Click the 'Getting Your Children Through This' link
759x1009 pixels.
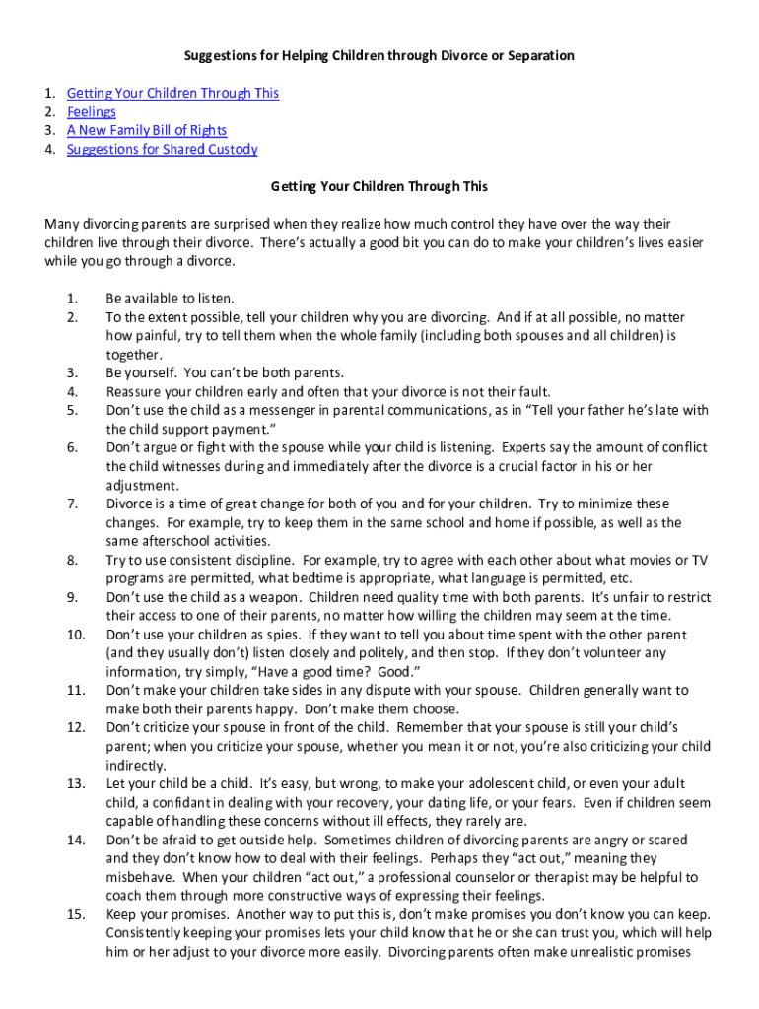[172, 93]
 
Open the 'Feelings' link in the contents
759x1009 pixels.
[91, 111]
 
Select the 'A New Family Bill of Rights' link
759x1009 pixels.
[146, 130]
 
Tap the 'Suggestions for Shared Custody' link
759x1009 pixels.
[162, 149]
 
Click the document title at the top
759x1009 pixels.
[379, 55]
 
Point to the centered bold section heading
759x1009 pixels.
[379, 186]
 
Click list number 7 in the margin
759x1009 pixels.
[72, 504]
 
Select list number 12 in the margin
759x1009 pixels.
[76, 727]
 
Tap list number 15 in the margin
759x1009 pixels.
[76, 914]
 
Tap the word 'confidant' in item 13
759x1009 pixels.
[172, 803]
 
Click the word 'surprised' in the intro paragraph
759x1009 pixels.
[222, 225]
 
